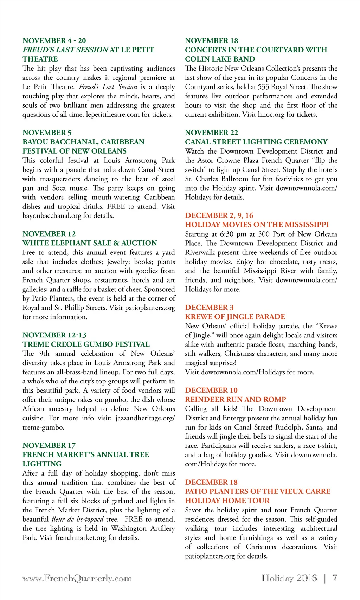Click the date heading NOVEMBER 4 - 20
click(54, 41)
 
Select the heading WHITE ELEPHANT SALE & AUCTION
click(90, 243)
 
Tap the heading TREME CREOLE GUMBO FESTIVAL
click(86, 344)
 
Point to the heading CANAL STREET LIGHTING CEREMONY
click(256, 142)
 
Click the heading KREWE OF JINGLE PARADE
click(235, 316)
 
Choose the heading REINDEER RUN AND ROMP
click(236, 399)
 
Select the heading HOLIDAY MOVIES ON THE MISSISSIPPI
click(257, 225)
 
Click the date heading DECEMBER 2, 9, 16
click(219, 215)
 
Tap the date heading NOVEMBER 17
click(49, 445)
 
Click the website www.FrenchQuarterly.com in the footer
click(77, 578)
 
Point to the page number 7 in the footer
click(335, 578)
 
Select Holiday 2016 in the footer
click(289, 578)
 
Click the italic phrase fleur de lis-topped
click(77, 519)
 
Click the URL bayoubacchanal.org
click(52, 215)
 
